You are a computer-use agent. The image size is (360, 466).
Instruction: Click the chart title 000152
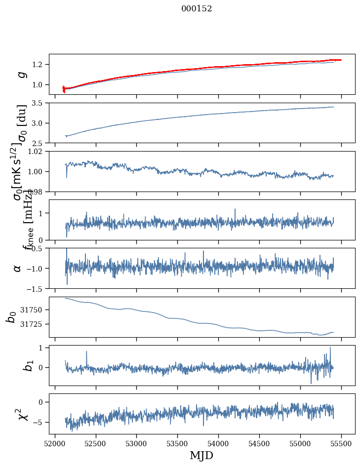[197, 8]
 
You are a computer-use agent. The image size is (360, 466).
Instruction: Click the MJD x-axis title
[201, 455]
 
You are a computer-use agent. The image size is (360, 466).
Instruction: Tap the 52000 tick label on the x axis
[55, 444]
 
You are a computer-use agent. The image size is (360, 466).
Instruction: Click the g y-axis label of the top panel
[21, 75]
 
